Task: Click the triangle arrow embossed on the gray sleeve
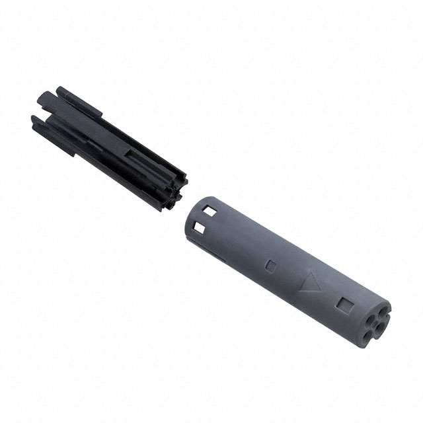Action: point(309,283)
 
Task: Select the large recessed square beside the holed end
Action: point(344,305)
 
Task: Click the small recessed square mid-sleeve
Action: point(270,265)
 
